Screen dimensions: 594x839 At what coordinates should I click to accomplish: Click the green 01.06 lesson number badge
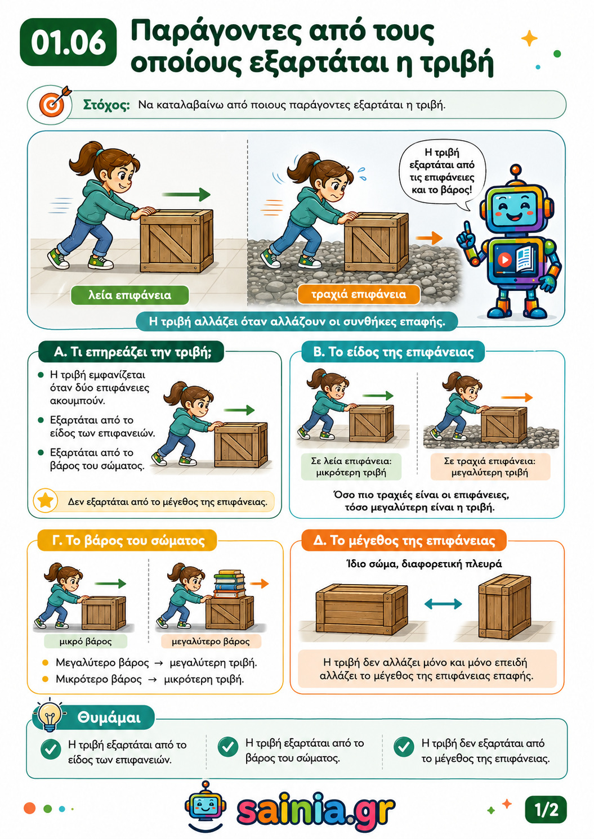pyautogui.click(x=68, y=42)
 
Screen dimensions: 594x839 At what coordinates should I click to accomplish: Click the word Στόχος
pyautogui.click(x=106, y=105)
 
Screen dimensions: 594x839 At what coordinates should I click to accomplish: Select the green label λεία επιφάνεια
pyautogui.click(x=129, y=295)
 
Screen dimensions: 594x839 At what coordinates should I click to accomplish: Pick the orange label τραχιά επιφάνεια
pyautogui.click(x=359, y=294)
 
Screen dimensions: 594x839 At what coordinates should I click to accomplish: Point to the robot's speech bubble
pyautogui.click(x=442, y=172)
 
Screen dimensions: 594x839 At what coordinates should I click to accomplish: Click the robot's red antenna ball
pyautogui.click(x=516, y=169)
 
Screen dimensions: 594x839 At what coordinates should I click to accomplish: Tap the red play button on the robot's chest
pyautogui.click(x=504, y=259)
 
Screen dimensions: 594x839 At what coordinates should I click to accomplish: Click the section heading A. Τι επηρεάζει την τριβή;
pyautogui.click(x=131, y=352)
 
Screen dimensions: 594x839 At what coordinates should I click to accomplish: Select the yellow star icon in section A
pyautogui.click(x=46, y=500)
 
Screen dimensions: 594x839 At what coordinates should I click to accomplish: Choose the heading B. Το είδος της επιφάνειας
pyautogui.click(x=393, y=352)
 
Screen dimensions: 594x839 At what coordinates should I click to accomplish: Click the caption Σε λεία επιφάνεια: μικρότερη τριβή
pyautogui.click(x=351, y=466)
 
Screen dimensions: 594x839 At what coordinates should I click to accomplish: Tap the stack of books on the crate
pyautogui.click(x=229, y=584)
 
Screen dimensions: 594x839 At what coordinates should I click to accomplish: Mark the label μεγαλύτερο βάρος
pyautogui.click(x=211, y=641)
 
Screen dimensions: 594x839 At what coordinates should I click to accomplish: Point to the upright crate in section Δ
pyautogui.click(x=505, y=605)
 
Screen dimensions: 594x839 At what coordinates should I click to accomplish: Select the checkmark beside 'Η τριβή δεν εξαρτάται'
pyautogui.click(x=404, y=747)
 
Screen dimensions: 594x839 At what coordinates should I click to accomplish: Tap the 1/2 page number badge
pyautogui.click(x=546, y=809)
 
